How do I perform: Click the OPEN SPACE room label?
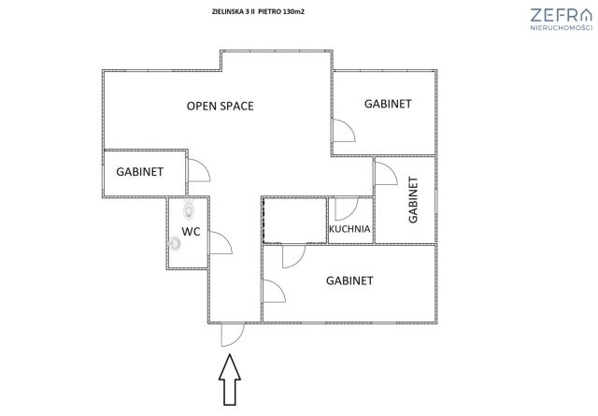pyautogui.click(x=221, y=106)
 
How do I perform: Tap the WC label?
pyautogui.click(x=191, y=231)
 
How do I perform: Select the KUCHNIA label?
pyautogui.click(x=349, y=229)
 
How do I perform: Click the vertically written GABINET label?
pyautogui.click(x=413, y=200)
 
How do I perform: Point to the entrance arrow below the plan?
pyautogui.click(x=230, y=380)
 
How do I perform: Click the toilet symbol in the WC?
pyautogui.click(x=189, y=209)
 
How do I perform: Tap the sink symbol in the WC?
pyautogui.click(x=175, y=243)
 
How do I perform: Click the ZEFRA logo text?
pyautogui.click(x=561, y=15)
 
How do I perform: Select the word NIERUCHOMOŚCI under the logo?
pyautogui.click(x=561, y=27)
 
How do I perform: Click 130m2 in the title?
pyautogui.click(x=293, y=11)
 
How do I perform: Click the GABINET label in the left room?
pyautogui.click(x=139, y=172)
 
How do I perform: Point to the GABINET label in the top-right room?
pyautogui.click(x=388, y=104)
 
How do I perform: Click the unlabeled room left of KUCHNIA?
pyautogui.click(x=295, y=220)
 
